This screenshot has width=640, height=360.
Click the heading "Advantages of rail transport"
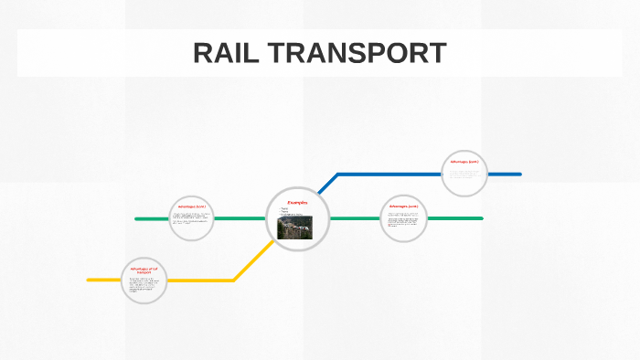click(144, 270)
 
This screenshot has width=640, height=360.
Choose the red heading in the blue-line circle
click(464, 163)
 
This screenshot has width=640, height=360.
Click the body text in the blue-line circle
click(464, 175)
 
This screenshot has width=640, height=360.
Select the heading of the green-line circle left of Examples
click(192, 207)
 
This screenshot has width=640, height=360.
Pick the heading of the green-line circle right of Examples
click(403, 206)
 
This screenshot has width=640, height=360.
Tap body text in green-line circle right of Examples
click(403, 219)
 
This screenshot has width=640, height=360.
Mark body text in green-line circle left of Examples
click(191, 220)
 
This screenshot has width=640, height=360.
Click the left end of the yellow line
click(90, 280)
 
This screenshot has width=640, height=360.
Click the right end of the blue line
click(518, 174)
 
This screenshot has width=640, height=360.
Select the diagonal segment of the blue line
click(327, 184)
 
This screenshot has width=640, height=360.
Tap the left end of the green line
click(137, 219)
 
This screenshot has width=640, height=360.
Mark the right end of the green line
click(480, 218)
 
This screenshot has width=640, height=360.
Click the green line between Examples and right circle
click(355, 218)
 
